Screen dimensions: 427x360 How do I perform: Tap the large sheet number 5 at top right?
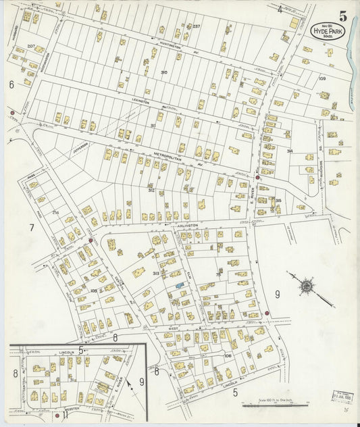[x=344, y=15]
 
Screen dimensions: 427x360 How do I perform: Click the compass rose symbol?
[x=307, y=286]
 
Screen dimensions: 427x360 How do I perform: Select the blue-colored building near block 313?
[x=180, y=286]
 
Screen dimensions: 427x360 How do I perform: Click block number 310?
[x=164, y=72]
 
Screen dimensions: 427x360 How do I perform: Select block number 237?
[x=197, y=26]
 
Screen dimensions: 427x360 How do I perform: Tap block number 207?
[x=30, y=46]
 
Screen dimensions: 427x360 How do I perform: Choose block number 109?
[x=322, y=79]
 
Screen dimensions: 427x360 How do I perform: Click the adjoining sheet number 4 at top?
[x=280, y=9]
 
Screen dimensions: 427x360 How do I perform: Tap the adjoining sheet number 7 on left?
[x=31, y=228]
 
